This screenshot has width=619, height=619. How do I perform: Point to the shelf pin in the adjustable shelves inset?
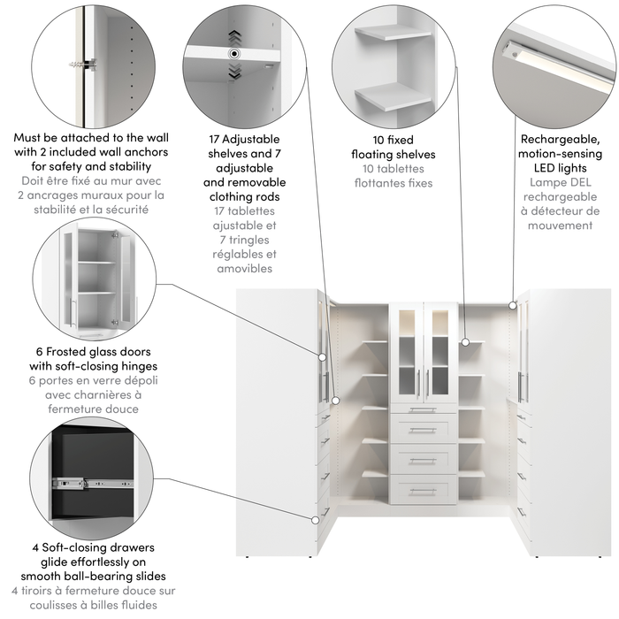(233, 54)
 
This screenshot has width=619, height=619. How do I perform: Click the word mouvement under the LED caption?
(560, 225)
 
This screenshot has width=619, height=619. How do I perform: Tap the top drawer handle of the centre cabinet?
(424, 409)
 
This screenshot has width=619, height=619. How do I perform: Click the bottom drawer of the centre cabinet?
(424, 489)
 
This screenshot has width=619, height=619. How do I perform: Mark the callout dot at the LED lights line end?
(512, 304)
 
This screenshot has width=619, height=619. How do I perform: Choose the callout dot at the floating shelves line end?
(465, 340)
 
